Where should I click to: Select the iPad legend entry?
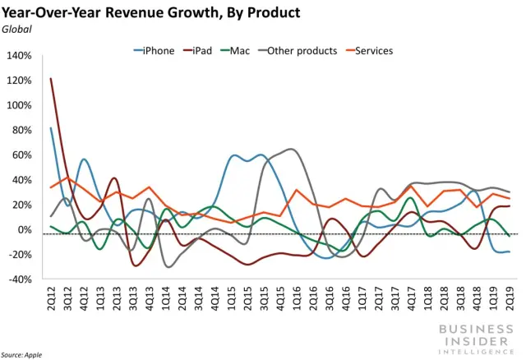coord(201,51)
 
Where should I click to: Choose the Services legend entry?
coord(374,51)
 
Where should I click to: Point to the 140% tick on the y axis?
coord(19,56)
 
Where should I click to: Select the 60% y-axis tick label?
coord(22,155)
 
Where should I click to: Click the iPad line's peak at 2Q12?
coord(51,79)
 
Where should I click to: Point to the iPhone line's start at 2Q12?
coord(51,127)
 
